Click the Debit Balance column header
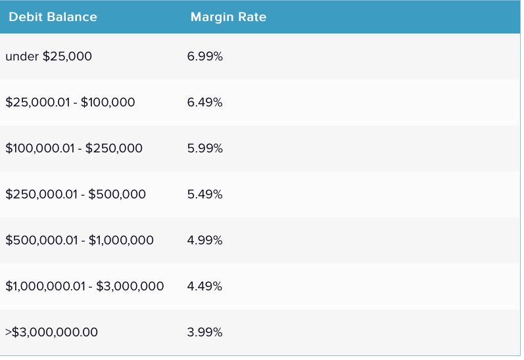[x=53, y=17]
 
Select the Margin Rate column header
[x=228, y=17]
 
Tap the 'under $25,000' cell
[x=49, y=56]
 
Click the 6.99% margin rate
[x=205, y=56]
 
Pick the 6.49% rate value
[x=205, y=102]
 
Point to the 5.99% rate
[x=205, y=148]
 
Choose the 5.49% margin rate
[x=205, y=194]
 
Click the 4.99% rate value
[x=205, y=240]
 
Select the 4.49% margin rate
[x=205, y=286]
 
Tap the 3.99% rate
[x=205, y=332]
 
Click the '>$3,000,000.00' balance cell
[x=51, y=332]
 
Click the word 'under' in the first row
[x=22, y=56]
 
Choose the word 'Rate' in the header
[x=252, y=17]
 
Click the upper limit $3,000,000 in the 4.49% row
[x=130, y=286]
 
